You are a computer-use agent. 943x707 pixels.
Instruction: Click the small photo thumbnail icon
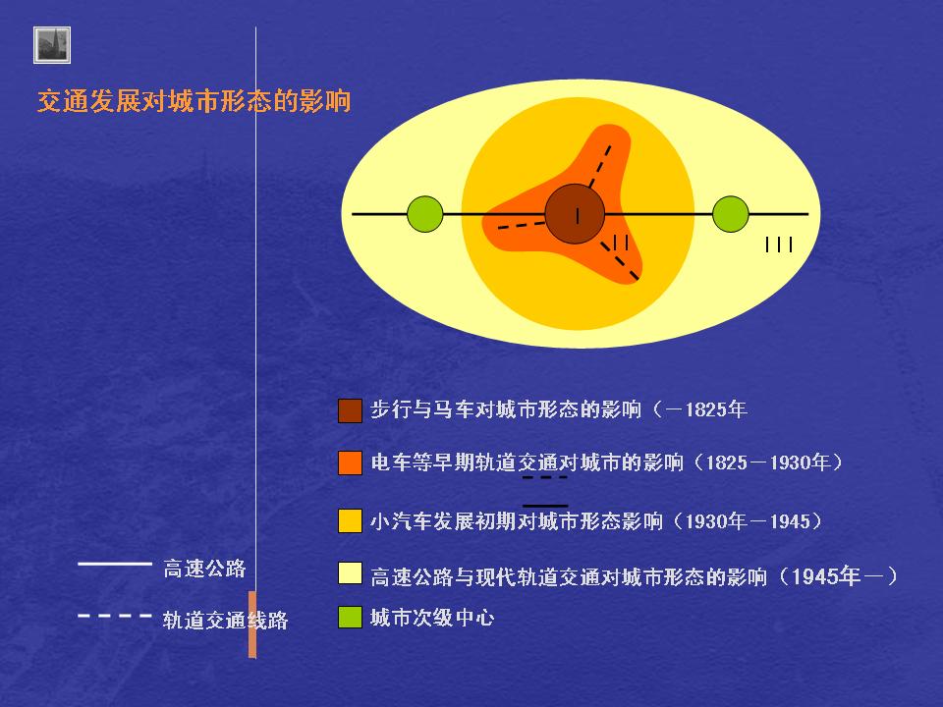pyautogui.click(x=52, y=45)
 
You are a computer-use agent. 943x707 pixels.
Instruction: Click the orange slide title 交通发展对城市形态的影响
pyautogui.click(x=194, y=101)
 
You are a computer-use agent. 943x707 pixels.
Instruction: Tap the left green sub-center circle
pyautogui.click(x=425, y=214)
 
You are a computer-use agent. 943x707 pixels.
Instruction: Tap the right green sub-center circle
pyautogui.click(x=731, y=214)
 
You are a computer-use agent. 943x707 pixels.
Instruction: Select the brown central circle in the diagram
pyautogui.click(x=575, y=214)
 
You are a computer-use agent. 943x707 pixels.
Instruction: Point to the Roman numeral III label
pyautogui.click(x=779, y=245)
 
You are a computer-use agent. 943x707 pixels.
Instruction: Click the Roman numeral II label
pyautogui.click(x=620, y=243)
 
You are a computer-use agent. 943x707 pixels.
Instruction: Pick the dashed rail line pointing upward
pyautogui.click(x=600, y=167)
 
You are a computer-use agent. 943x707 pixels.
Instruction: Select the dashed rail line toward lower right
pyautogui.click(x=620, y=261)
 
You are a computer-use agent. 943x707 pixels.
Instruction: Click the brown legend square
pyautogui.click(x=350, y=410)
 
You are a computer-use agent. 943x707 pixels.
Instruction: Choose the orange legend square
pyautogui.click(x=350, y=462)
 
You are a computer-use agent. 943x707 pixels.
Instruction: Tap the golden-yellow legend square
pyautogui.click(x=350, y=520)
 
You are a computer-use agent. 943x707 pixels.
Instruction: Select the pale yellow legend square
pyautogui.click(x=350, y=572)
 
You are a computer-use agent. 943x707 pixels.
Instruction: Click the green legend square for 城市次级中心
pyautogui.click(x=350, y=618)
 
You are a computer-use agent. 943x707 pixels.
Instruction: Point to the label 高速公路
pyautogui.click(x=204, y=569)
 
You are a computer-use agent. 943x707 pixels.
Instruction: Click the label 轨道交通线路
pyautogui.click(x=225, y=620)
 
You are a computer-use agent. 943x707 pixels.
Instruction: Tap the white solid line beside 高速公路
pyautogui.click(x=115, y=564)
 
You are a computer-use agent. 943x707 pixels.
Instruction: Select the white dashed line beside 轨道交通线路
pyautogui.click(x=115, y=616)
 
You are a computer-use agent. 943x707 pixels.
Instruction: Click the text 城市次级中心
pyautogui.click(x=432, y=618)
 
